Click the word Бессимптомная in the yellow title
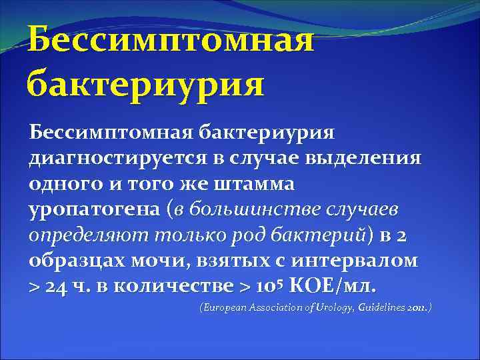[x=171, y=40]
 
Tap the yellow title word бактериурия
[x=145, y=85]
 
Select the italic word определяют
[x=80, y=235]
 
